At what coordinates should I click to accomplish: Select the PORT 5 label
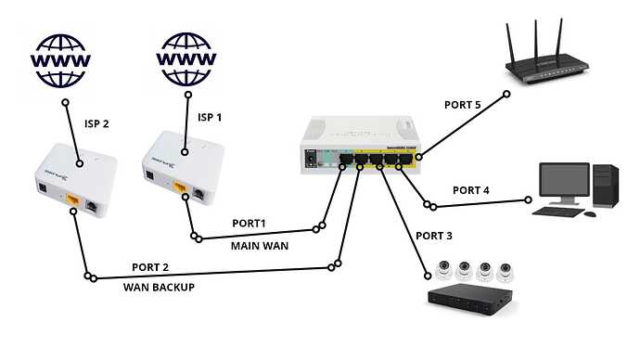[461, 105]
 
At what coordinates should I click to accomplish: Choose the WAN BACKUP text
[159, 287]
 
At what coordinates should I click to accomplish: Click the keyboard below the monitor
[563, 212]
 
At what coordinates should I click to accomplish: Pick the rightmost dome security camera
[505, 271]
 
